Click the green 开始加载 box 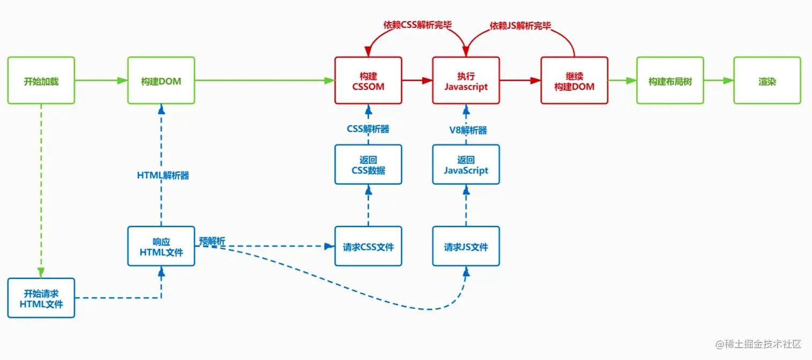[41, 81]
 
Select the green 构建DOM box [161, 81]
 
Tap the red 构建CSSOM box [368, 81]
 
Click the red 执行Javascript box [466, 81]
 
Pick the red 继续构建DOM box [574, 81]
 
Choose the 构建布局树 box [670, 81]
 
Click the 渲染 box [767, 81]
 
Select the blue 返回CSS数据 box [368, 164]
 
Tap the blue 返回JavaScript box [466, 164]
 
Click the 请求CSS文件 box [368, 247]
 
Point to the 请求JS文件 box [466, 247]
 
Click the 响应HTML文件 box [161, 247]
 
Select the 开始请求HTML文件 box [41, 298]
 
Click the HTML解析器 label [163, 175]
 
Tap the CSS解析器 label [368, 129]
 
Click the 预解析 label [212, 241]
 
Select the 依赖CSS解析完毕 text [417, 25]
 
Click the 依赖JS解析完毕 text [520, 25]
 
